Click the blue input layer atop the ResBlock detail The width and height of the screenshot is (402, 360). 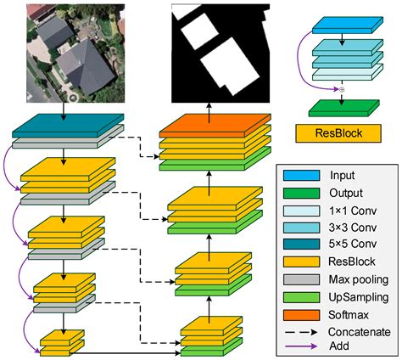[342, 26]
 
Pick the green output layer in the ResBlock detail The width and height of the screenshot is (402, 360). [342, 107]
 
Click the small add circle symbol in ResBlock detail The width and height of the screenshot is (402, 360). [342, 89]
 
